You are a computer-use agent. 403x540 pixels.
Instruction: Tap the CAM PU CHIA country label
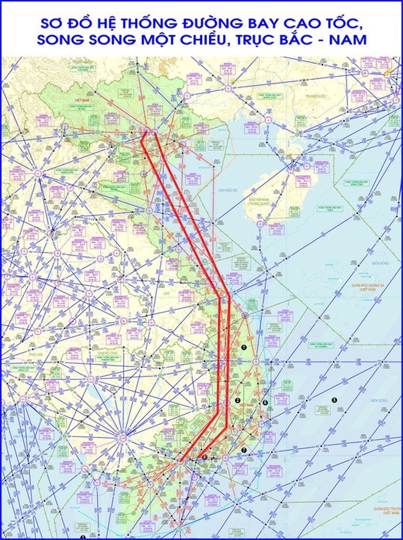(109, 353)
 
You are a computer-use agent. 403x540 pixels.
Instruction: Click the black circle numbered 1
(244, 348)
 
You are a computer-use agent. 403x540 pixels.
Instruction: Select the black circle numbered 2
(237, 401)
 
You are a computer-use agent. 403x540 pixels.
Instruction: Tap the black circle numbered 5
(334, 400)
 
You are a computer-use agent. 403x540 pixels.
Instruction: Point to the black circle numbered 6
(265, 403)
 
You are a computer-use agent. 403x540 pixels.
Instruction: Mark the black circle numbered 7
(243, 450)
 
